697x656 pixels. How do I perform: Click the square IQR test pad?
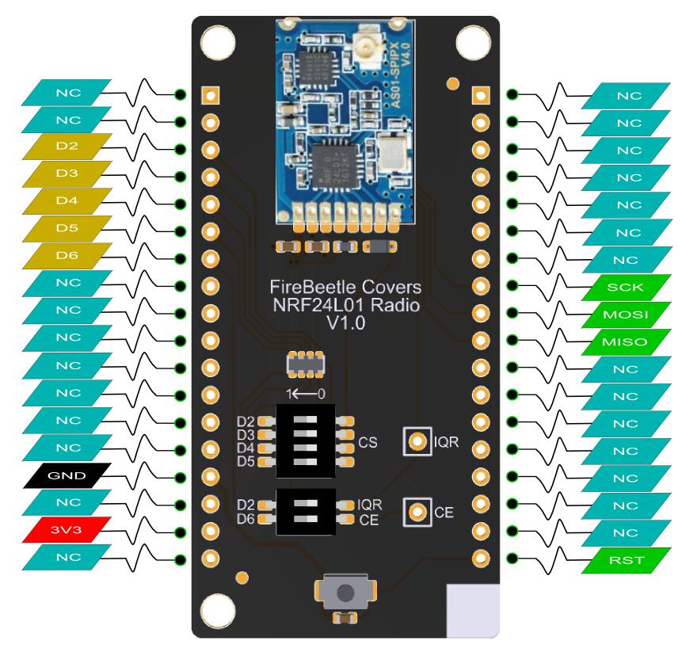coord(415,441)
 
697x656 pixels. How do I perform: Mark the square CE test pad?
coord(415,513)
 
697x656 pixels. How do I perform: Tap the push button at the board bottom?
coord(345,593)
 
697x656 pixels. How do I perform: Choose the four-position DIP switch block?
coord(305,441)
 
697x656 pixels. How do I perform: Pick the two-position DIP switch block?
coord(305,512)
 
